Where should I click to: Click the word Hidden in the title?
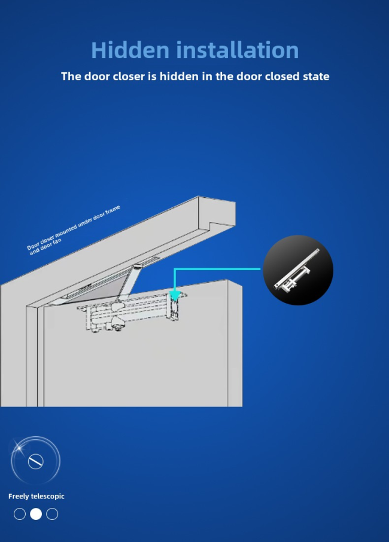[x=130, y=50]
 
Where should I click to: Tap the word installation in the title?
[x=238, y=50]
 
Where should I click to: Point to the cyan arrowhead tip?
[x=175, y=300]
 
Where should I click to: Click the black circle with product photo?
[x=298, y=270]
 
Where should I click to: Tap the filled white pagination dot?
[x=36, y=514]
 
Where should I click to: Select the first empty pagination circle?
[x=20, y=514]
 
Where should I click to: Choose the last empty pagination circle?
[x=52, y=514]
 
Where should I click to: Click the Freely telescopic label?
[x=37, y=497]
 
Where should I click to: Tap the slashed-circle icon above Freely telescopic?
[x=36, y=461]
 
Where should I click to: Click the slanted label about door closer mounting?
[x=74, y=230]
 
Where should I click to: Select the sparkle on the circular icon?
[x=19, y=448]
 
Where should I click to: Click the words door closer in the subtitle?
[x=116, y=76]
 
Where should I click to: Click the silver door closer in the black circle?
[x=297, y=271]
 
